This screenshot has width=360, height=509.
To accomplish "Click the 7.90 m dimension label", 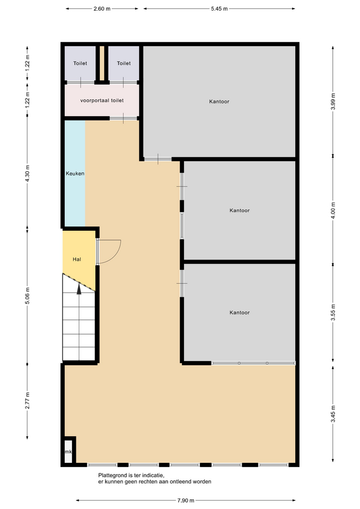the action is click(186, 500).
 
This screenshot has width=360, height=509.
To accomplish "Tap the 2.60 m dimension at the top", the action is click(102, 9).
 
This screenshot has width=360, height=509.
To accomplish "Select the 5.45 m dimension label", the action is click(219, 9).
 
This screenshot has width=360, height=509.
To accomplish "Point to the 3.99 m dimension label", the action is click(333, 101).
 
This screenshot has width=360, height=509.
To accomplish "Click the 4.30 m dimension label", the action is click(27, 173).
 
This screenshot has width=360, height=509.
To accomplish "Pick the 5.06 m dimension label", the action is click(27, 296).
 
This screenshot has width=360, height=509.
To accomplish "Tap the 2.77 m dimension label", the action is click(27, 401).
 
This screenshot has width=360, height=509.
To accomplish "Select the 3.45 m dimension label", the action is click(333, 414).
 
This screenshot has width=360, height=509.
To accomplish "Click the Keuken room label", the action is click(75, 173).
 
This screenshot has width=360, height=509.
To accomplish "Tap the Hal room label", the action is click(76, 259).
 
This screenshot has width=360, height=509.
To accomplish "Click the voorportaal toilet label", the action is click(102, 101).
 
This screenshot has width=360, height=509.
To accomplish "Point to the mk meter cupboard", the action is click(68, 451).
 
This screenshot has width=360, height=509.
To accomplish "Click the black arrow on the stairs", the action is click(79, 288).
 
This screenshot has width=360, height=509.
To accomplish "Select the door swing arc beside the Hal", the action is click(116, 255).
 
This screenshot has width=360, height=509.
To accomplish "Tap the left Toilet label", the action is click(80, 63).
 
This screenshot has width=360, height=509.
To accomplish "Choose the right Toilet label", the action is click(124, 63).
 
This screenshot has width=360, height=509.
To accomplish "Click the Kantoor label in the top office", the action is click(219, 102).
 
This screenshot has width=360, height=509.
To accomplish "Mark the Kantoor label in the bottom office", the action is click(240, 313).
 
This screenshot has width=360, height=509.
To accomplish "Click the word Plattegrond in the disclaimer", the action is click(113, 476).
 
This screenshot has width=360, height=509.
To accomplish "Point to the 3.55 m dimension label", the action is click(333, 313).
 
